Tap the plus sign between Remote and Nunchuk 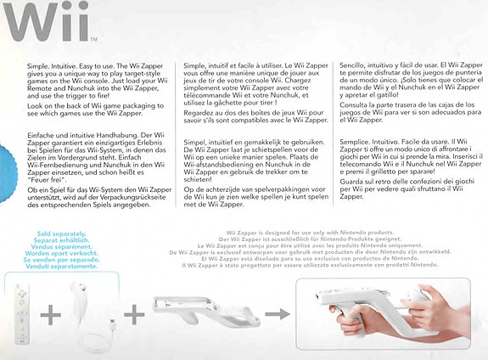[x=51, y=314]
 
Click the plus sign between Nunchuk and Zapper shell [x=134, y=314]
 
